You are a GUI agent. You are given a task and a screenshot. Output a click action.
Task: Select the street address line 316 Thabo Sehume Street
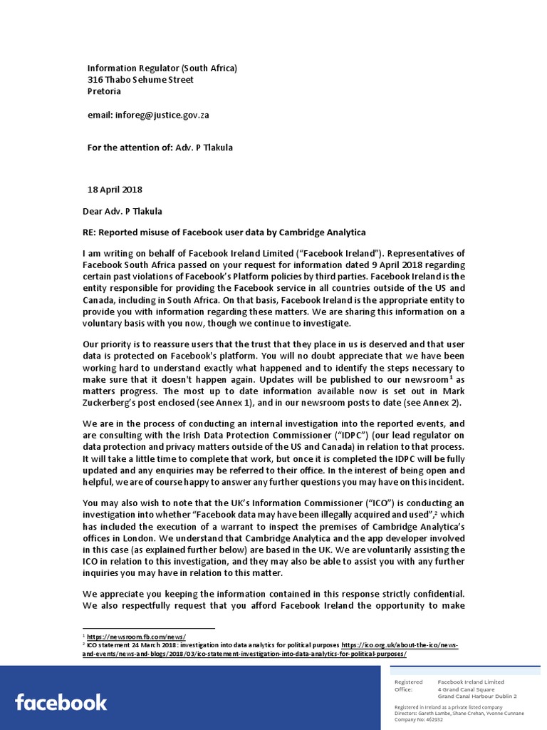tap(140, 80)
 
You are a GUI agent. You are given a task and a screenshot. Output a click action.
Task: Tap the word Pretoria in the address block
tap(104, 91)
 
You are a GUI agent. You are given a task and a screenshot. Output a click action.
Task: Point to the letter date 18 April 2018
tap(115, 190)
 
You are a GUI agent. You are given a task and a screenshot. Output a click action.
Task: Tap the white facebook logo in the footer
tap(61, 702)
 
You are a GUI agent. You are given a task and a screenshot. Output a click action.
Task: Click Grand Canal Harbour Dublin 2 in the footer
tap(476, 696)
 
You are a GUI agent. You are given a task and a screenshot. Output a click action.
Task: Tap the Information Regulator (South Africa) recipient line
tap(162, 68)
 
